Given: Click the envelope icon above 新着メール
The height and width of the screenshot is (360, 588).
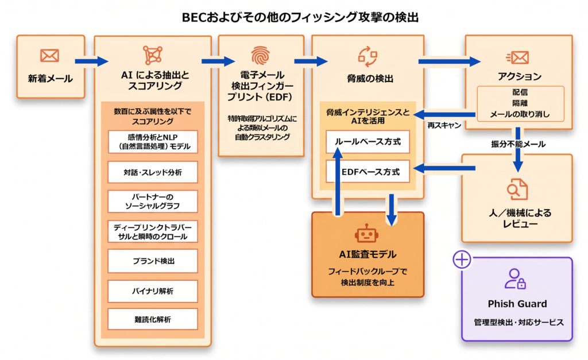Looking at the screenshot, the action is click(x=49, y=56).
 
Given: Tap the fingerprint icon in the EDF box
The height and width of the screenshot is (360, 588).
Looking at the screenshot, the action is click(x=260, y=56).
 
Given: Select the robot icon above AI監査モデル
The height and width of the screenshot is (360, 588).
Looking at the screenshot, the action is click(x=366, y=234).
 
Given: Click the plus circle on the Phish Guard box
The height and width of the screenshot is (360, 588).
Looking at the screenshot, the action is click(x=462, y=260).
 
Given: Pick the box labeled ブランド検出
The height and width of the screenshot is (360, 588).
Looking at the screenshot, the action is click(x=153, y=261).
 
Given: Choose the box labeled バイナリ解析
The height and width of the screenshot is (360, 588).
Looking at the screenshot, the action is click(x=153, y=291).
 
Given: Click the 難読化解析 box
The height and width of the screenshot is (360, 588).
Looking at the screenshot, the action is click(x=153, y=319).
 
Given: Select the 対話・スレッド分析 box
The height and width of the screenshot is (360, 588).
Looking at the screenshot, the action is click(x=153, y=172).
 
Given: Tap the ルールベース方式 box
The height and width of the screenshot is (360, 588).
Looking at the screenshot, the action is click(x=367, y=142).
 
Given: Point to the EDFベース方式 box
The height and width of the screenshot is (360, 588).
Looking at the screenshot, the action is click(x=367, y=172).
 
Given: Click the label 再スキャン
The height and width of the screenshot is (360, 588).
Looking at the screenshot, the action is click(x=444, y=125).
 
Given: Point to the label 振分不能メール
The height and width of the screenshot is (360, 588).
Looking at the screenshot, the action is click(x=518, y=144).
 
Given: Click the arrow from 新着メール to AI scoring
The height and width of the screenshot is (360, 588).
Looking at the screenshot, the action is click(x=91, y=61).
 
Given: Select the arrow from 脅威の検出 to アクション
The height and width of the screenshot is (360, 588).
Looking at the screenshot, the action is click(x=449, y=61).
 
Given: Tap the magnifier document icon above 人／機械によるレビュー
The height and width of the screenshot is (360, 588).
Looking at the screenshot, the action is click(x=517, y=189).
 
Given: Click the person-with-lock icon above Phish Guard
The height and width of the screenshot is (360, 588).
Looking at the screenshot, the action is click(x=515, y=278).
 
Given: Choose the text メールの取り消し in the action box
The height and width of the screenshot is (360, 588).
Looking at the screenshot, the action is click(x=520, y=114).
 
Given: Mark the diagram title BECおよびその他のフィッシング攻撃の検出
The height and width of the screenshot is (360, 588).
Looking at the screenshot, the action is click(x=300, y=17).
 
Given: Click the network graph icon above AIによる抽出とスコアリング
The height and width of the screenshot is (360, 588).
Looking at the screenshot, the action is click(x=153, y=55).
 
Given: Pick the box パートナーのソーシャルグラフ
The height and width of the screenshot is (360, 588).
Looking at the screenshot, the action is click(x=153, y=202).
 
